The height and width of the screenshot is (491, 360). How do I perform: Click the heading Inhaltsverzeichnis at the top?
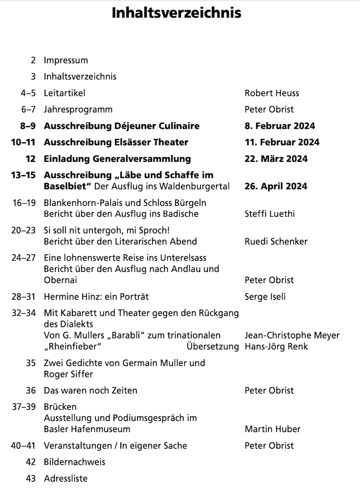point(177,13)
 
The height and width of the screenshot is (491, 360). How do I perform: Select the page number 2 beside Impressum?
point(33,61)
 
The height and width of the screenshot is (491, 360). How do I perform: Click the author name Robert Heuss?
point(271,93)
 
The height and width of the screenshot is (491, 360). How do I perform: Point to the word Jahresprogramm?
point(78,110)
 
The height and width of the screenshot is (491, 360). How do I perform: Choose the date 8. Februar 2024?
point(279,126)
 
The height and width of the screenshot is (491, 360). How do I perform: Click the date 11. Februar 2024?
point(281,142)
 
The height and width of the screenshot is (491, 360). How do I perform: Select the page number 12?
point(30,159)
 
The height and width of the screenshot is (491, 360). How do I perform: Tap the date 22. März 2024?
point(276,159)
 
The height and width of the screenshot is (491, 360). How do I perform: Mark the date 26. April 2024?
point(276,186)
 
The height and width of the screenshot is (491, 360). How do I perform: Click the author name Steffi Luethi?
point(270,214)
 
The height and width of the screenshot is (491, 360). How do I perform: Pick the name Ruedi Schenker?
point(276,241)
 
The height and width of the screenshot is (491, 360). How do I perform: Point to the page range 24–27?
point(24,258)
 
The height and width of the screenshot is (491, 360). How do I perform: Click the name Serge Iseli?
point(265,296)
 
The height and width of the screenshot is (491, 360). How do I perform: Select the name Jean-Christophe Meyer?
point(292,335)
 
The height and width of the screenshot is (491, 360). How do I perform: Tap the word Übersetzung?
point(212,347)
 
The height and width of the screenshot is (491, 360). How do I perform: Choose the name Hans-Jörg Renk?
point(273,347)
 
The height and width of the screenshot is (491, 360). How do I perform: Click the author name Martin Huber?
point(272,429)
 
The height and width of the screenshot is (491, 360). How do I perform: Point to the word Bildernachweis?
point(74,462)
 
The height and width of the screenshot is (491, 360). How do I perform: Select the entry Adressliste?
point(66,479)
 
